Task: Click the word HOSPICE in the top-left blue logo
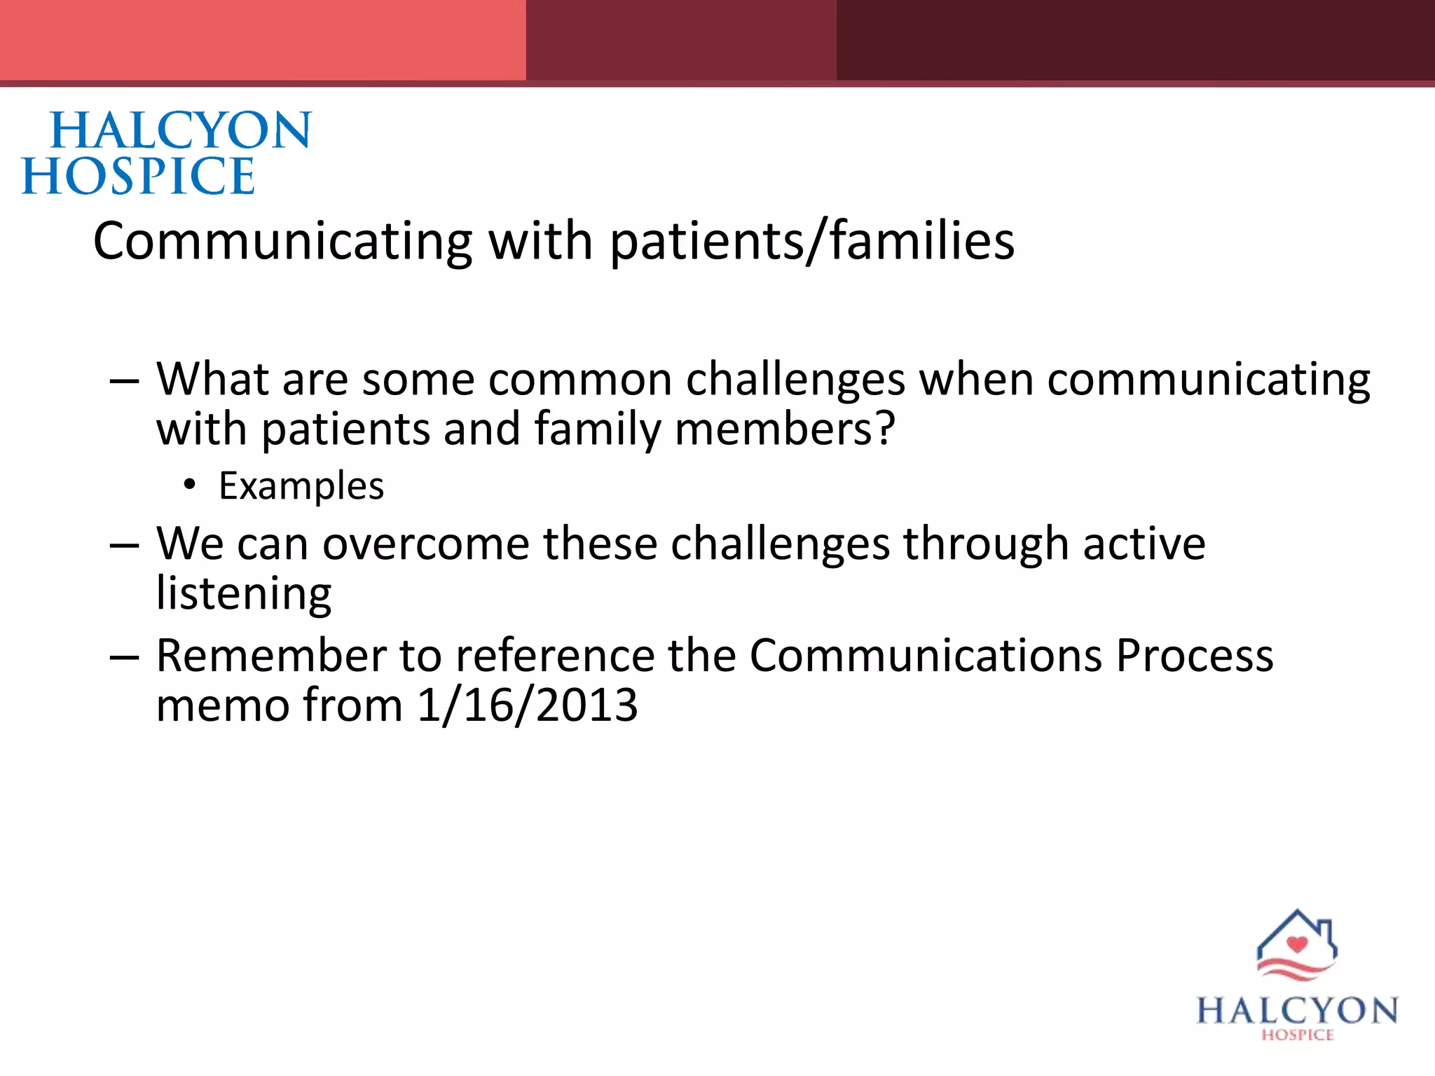pos(138,176)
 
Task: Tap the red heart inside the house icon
pos(1297,944)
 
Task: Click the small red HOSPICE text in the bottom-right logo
pos(1298,1035)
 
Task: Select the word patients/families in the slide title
pos(812,241)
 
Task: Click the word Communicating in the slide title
pos(283,241)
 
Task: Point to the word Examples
pos(301,485)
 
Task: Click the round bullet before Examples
pos(188,484)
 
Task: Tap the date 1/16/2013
pos(527,705)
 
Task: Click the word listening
pos(243,593)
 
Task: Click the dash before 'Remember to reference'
pos(125,658)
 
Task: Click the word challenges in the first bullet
pos(795,380)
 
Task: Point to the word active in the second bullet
pos(1144,544)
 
